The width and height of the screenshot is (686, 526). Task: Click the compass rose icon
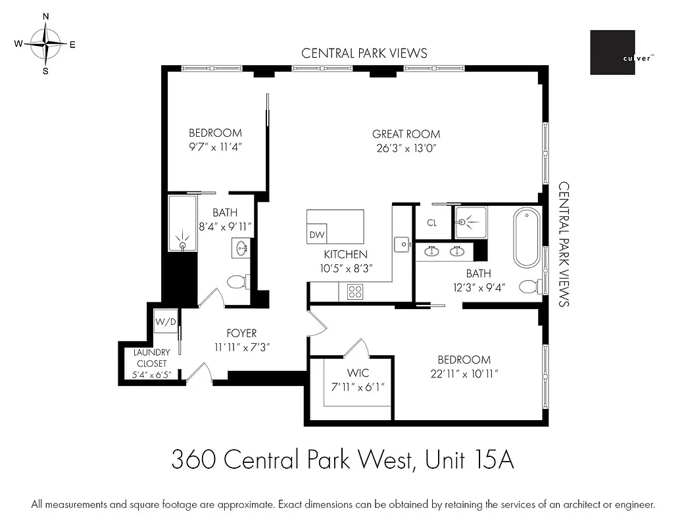point(45,43)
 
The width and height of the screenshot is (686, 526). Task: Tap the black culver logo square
point(612,52)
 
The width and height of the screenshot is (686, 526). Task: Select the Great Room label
point(406,134)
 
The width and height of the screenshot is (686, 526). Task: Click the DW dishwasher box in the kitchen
point(316,235)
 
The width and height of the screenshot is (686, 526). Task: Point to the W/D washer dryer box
point(165,322)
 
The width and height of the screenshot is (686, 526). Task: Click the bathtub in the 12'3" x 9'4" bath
point(527,238)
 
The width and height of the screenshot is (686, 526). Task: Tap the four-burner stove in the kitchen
point(356,291)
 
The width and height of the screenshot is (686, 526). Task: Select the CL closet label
point(431,223)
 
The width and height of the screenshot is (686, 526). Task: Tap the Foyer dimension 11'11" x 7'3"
point(242,347)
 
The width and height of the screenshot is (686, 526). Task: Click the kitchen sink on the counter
point(401,245)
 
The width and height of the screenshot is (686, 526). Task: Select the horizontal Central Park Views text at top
point(364,53)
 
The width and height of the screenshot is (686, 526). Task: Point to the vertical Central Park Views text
point(564,245)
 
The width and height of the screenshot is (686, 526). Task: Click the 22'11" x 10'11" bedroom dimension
point(464,373)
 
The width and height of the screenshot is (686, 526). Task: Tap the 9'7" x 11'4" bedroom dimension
point(215,147)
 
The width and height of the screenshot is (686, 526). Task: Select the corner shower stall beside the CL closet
point(470,222)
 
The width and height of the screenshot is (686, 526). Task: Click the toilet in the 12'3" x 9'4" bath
point(529,286)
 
